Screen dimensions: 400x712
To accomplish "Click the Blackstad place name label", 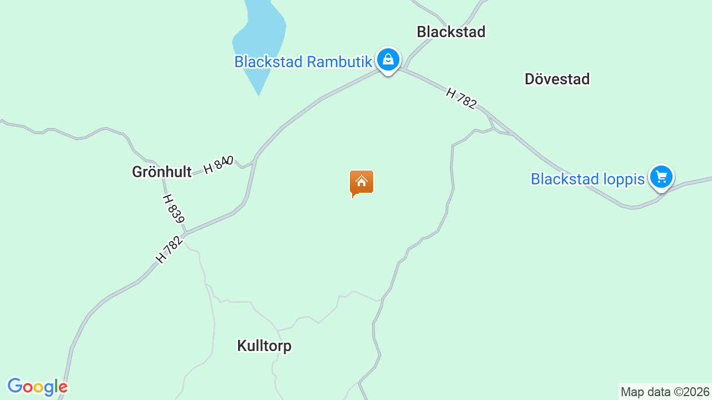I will [x=451, y=32].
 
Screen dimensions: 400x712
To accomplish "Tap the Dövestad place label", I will [x=557, y=79].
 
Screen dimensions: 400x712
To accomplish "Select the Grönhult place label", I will [x=161, y=172].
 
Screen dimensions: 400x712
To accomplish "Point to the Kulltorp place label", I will [x=264, y=346].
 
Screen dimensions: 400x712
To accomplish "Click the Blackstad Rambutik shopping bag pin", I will [x=388, y=59].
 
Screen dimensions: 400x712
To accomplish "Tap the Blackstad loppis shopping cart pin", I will [x=661, y=177].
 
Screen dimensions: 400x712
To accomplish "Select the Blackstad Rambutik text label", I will [x=303, y=62].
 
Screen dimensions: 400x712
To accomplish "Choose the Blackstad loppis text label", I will [x=587, y=179].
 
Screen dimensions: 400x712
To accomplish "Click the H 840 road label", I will [x=218, y=164].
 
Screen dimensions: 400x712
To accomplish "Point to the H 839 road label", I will [x=174, y=208].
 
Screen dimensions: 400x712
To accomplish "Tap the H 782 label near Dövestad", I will [x=461, y=98].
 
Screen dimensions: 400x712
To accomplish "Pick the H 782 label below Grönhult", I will [x=169, y=249].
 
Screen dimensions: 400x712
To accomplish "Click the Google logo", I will [x=37, y=387].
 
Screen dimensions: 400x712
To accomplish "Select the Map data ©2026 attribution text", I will [x=665, y=392].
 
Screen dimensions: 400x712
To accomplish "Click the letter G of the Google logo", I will [x=16, y=386].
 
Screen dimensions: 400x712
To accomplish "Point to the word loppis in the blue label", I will [x=623, y=179].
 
